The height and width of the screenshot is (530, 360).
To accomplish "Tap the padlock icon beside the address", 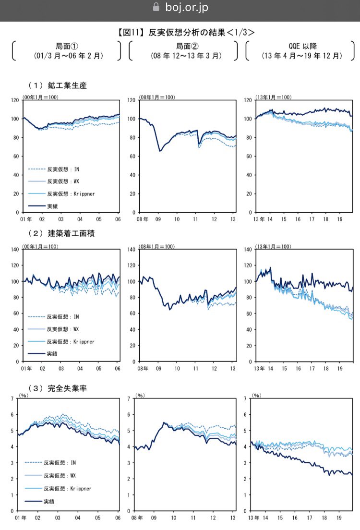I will click(156, 7).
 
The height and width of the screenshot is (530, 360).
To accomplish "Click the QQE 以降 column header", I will click(301, 47).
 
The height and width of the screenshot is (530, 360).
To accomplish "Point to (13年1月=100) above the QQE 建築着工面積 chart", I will click(273, 247).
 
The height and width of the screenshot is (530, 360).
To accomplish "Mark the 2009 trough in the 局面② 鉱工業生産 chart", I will click(160, 151).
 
